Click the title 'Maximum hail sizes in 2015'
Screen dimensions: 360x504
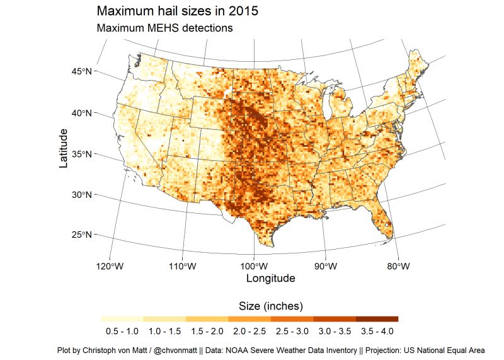[177, 11]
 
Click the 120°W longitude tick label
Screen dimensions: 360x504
[110, 266]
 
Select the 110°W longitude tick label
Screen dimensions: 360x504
[182, 266]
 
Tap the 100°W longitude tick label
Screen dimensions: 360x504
[254, 266]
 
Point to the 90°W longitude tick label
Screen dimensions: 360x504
[325, 266]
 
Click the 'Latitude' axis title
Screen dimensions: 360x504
[63, 148]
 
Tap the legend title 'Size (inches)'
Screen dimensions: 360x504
[272, 306]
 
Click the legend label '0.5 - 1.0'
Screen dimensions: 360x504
[122, 331]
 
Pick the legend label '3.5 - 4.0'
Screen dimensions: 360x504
[377, 331]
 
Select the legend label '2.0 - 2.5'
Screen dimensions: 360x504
[249, 331]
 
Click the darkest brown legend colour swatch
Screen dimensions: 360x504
[377, 319]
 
